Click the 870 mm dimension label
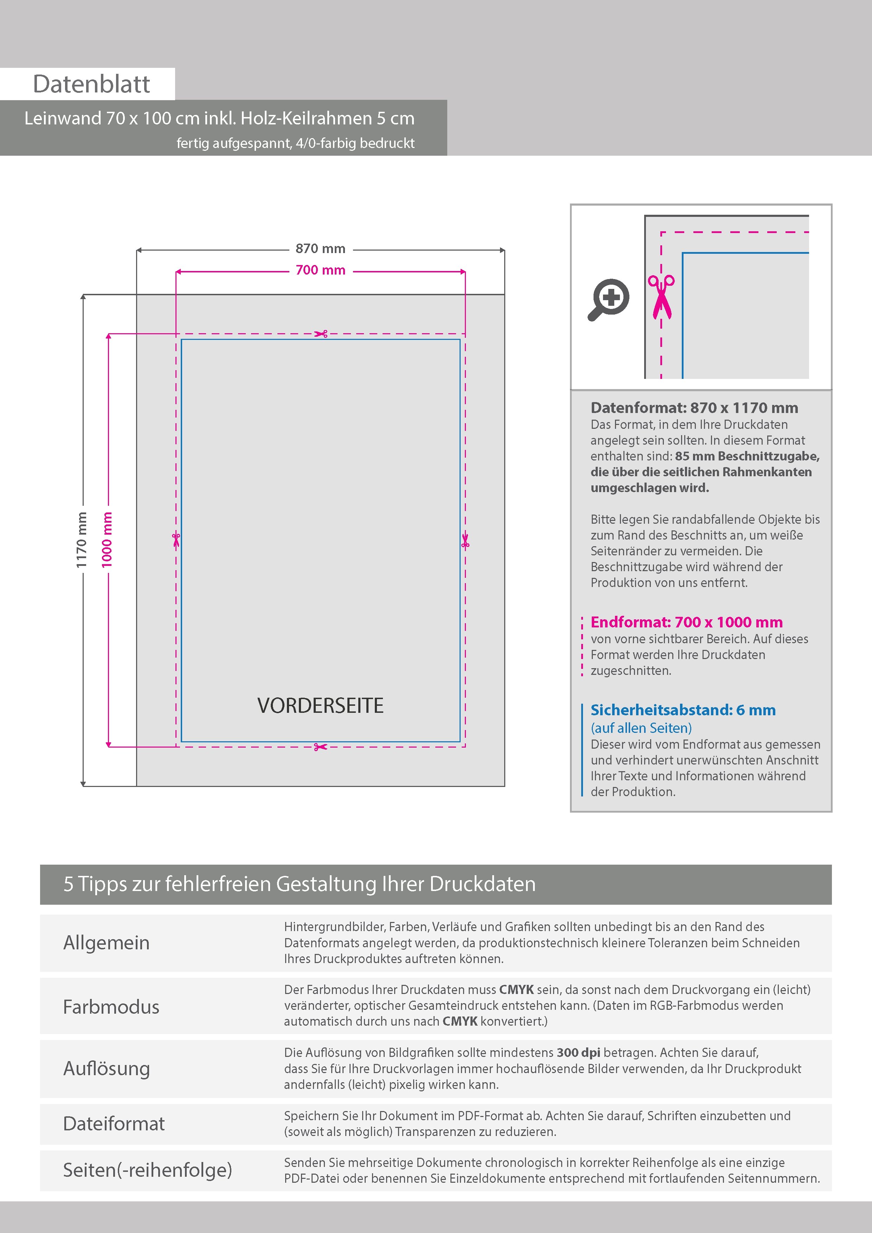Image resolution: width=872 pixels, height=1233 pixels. click(x=320, y=248)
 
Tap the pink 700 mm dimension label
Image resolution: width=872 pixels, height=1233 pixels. click(x=320, y=270)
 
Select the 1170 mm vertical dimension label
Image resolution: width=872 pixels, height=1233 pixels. click(x=81, y=540)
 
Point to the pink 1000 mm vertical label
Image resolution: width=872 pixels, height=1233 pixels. click(x=107, y=540)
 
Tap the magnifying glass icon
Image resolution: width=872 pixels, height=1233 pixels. click(x=609, y=299)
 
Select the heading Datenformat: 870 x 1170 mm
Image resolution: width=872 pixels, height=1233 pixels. click(x=694, y=408)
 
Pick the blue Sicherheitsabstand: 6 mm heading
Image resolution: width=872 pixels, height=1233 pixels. click(x=683, y=710)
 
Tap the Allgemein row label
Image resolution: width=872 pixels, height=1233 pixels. click(x=107, y=942)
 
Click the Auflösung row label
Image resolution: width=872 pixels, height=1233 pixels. click(x=107, y=1068)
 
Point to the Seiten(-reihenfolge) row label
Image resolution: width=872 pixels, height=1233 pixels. click(x=147, y=1170)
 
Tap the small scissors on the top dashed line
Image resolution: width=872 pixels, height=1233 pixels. click(x=321, y=334)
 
